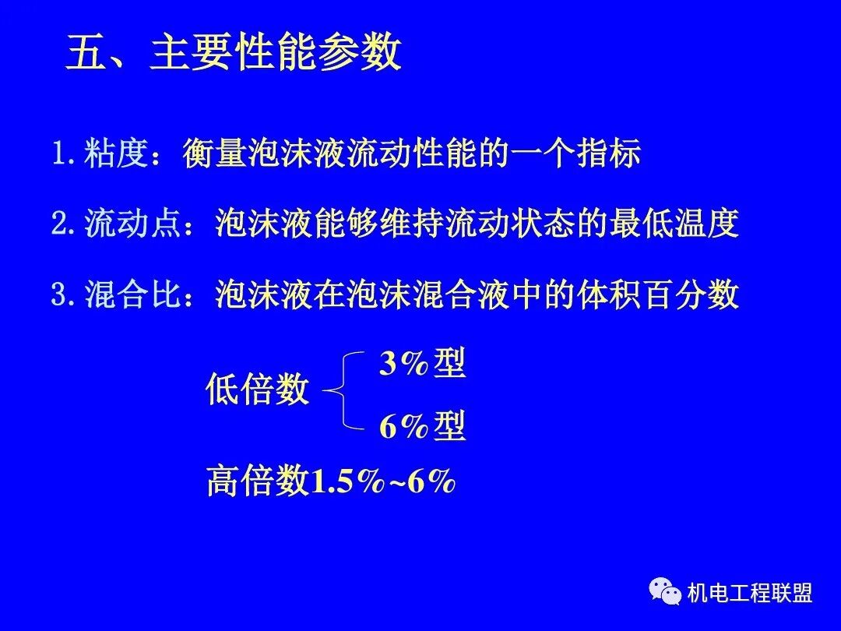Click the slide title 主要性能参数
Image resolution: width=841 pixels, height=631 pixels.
click(x=276, y=54)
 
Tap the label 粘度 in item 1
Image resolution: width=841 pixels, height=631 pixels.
click(x=121, y=153)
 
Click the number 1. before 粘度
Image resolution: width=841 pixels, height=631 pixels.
click(x=64, y=154)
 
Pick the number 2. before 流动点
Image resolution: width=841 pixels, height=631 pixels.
click(x=64, y=225)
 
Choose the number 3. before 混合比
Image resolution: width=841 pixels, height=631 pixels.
click(x=64, y=296)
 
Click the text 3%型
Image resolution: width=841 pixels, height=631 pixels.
click(x=422, y=364)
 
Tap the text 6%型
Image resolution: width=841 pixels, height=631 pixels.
click(x=422, y=426)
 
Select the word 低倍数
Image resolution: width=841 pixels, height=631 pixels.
click(x=258, y=390)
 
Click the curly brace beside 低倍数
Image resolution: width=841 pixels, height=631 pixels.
click(x=343, y=390)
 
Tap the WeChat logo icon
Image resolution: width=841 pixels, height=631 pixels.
click(x=666, y=594)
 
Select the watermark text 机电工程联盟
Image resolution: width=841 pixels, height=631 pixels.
click(x=750, y=594)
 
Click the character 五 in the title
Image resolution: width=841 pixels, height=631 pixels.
click(x=85, y=54)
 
